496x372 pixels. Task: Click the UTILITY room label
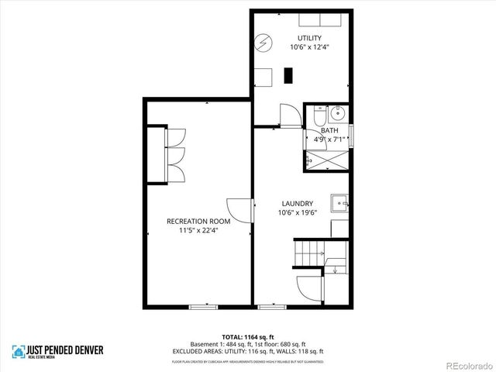click(x=310, y=38)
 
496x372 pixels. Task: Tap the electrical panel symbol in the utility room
click(x=264, y=42)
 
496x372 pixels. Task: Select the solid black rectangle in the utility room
click(x=289, y=75)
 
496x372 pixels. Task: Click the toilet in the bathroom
click(x=320, y=117)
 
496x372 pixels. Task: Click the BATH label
click(x=329, y=131)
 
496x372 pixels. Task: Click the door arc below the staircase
click(x=308, y=291)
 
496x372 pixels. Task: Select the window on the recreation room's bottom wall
click(x=203, y=307)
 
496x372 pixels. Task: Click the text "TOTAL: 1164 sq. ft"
click(x=247, y=336)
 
